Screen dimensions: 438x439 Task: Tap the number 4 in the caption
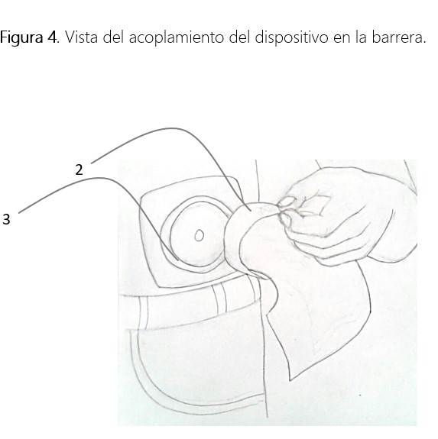pyautogui.click(x=51, y=37)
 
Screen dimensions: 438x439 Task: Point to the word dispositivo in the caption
pyautogui.click(x=291, y=38)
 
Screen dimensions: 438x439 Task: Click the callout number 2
pyautogui.click(x=79, y=170)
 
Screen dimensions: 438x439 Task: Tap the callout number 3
pyautogui.click(x=6, y=219)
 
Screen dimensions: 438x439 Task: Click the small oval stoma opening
pyautogui.click(x=200, y=235)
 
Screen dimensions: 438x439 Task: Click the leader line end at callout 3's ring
pyautogui.click(x=178, y=260)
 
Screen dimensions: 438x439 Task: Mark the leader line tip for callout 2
pyautogui.click(x=250, y=210)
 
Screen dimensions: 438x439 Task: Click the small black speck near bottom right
pyautogui.click(x=360, y=395)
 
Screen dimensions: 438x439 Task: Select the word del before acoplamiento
pyautogui.click(x=113, y=37)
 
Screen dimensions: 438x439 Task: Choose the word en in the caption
pyautogui.click(x=342, y=39)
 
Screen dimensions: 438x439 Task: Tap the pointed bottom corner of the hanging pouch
pyautogui.click(x=290, y=379)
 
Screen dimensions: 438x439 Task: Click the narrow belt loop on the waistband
pyautogui.click(x=219, y=299)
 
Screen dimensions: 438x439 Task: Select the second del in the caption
pyautogui.click(x=239, y=37)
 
